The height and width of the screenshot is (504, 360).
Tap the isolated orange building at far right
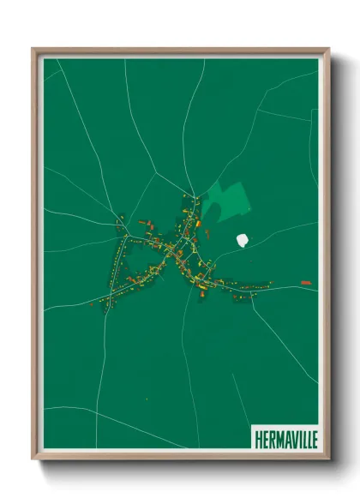(x=306, y=283)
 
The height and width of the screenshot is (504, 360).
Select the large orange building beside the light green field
(x=199, y=225)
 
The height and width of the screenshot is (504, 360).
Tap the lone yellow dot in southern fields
(x=147, y=399)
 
